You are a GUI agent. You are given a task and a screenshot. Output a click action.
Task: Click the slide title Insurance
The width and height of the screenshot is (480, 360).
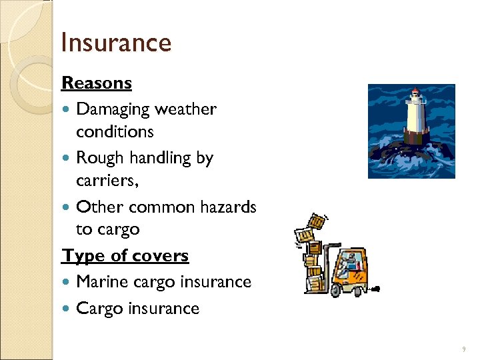pos(116,43)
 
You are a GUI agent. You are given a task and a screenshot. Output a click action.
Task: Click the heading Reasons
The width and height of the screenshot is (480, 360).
pos(97,83)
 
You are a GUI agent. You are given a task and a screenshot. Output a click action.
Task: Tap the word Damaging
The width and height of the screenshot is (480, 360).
pos(113,109)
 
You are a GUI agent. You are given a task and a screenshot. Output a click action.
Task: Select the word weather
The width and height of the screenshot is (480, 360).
pos(186,109)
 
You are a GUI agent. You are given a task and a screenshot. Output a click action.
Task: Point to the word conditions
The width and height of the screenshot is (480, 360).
pos(115,132)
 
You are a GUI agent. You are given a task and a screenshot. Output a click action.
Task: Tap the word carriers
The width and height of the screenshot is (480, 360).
pos(109,181)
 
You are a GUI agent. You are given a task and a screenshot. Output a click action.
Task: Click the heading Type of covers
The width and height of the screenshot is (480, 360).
pos(125,256)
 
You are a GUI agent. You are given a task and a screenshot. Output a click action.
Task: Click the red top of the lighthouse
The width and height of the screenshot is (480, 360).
pos(415,93)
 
